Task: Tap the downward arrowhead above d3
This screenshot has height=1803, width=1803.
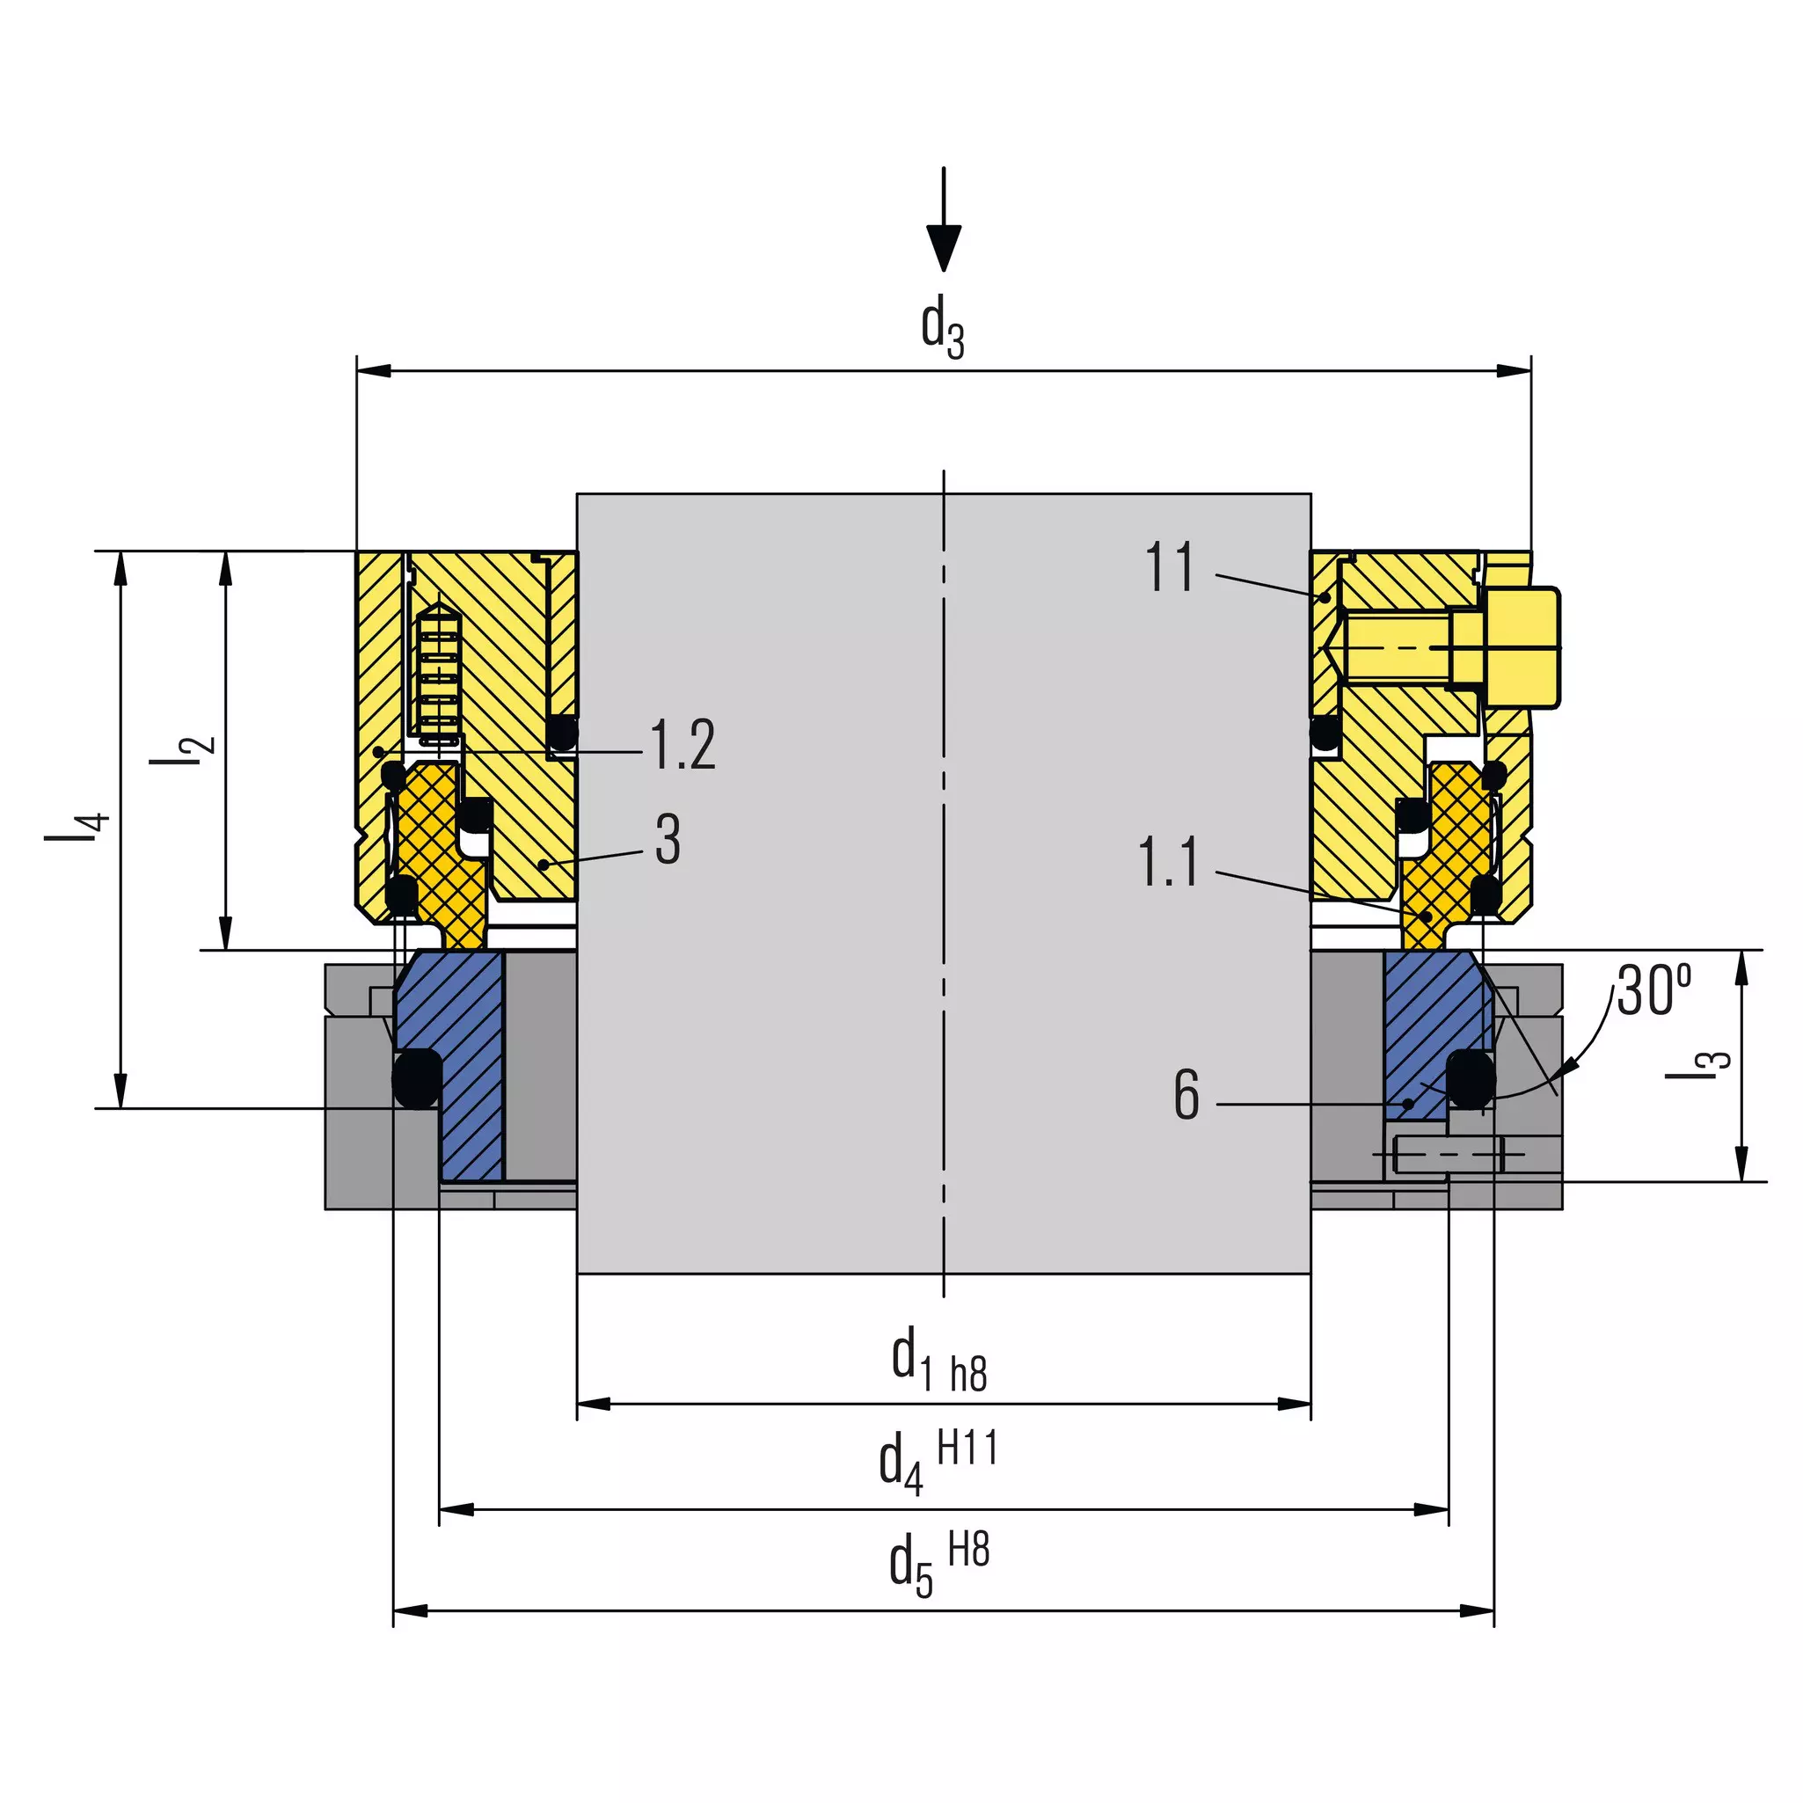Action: pyautogui.click(x=944, y=247)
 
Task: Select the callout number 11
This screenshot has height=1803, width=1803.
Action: pyautogui.click(x=1171, y=566)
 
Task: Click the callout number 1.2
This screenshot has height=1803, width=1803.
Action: pyautogui.click(x=683, y=745)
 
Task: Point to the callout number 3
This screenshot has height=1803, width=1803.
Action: pyautogui.click(x=668, y=840)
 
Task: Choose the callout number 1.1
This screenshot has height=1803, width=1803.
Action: pyautogui.click(x=1168, y=862)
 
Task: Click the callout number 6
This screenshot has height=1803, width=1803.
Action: pyautogui.click(x=1186, y=1095)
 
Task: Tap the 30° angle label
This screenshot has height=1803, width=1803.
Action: pyautogui.click(x=1653, y=989)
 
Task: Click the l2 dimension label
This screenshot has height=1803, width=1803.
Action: pyautogui.click(x=183, y=750)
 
